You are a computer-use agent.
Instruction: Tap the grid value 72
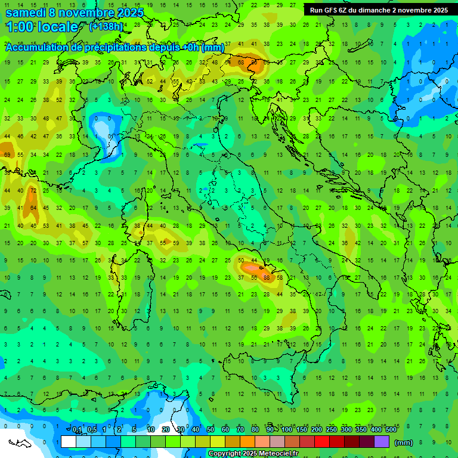tap(33, 190)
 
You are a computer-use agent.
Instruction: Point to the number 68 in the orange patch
tap(241, 61)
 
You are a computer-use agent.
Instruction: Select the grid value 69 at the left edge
tap(7, 155)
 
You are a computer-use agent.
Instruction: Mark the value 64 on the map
tap(33, 208)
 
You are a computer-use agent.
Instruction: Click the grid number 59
tap(175, 243)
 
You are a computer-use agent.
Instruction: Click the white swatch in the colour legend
tap(69, 441)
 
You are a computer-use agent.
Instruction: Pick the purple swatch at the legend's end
tap(382, 441)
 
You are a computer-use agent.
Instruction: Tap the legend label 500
tap(391, 430)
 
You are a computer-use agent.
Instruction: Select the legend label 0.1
tap(77, 430)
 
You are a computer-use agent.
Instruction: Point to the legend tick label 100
tap(287, 430)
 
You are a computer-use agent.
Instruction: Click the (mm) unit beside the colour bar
tap(404, 442)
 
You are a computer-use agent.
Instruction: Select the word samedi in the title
tap(25, 12)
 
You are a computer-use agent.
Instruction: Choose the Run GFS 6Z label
tap(330, 10)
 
